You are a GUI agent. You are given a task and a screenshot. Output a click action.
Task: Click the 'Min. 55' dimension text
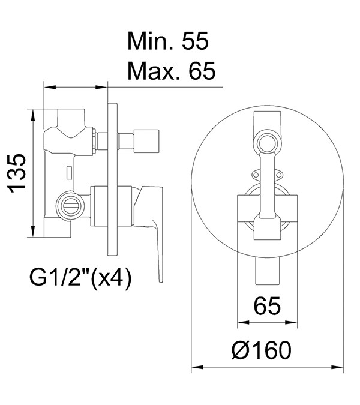pos(168,41)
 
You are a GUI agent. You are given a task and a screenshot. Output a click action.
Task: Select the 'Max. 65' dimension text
pos(172,71)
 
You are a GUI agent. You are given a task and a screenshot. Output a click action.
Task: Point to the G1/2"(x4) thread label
pos(81,278)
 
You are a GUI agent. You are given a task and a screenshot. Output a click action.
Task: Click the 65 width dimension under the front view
pos(267,305)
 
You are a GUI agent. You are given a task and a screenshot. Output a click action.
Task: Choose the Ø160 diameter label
pos(261,350)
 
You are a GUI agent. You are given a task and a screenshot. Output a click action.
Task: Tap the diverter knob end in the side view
pos(146,140)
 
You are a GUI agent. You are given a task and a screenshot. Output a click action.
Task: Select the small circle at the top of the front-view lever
pos(267,143)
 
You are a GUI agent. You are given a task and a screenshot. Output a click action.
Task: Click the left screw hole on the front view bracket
pos(256,175)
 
